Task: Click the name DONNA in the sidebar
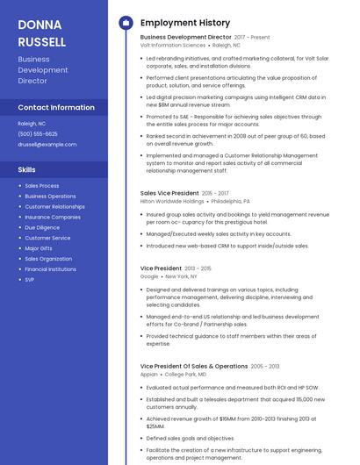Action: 40,25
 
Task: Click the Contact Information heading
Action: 56,107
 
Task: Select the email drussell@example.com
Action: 47,144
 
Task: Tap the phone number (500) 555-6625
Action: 39,133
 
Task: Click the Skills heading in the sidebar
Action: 27,169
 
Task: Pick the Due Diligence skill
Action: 42,227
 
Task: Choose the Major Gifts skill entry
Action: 39,248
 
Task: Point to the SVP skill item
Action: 30,279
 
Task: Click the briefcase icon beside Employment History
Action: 126,23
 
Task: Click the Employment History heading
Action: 185,23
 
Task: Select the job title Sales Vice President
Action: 169,192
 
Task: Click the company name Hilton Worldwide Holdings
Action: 172,201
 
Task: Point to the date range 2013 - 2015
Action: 198,268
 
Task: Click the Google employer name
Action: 149,276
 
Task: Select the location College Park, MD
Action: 186,374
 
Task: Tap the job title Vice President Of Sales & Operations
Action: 194,366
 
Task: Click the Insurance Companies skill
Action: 53,217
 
